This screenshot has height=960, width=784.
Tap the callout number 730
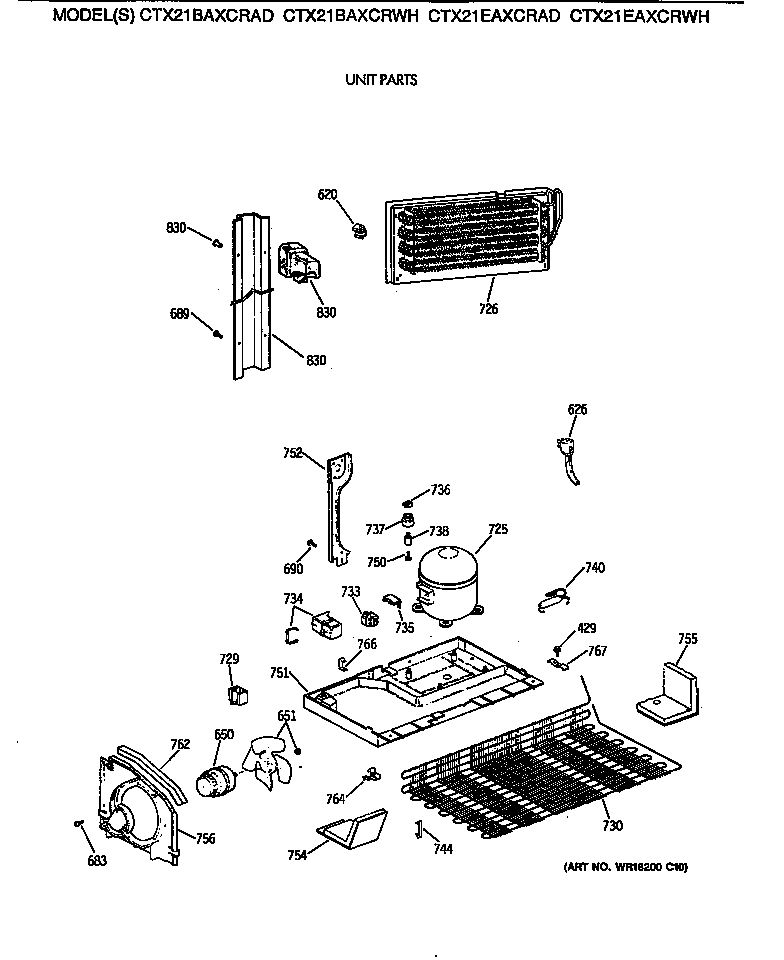612,825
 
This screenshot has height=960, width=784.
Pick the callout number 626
577,409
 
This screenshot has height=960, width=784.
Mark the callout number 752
291,452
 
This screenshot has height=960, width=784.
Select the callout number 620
328,194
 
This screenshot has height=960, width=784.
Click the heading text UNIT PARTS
381,81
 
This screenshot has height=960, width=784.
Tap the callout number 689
178,314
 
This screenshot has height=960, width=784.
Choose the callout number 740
594,568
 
